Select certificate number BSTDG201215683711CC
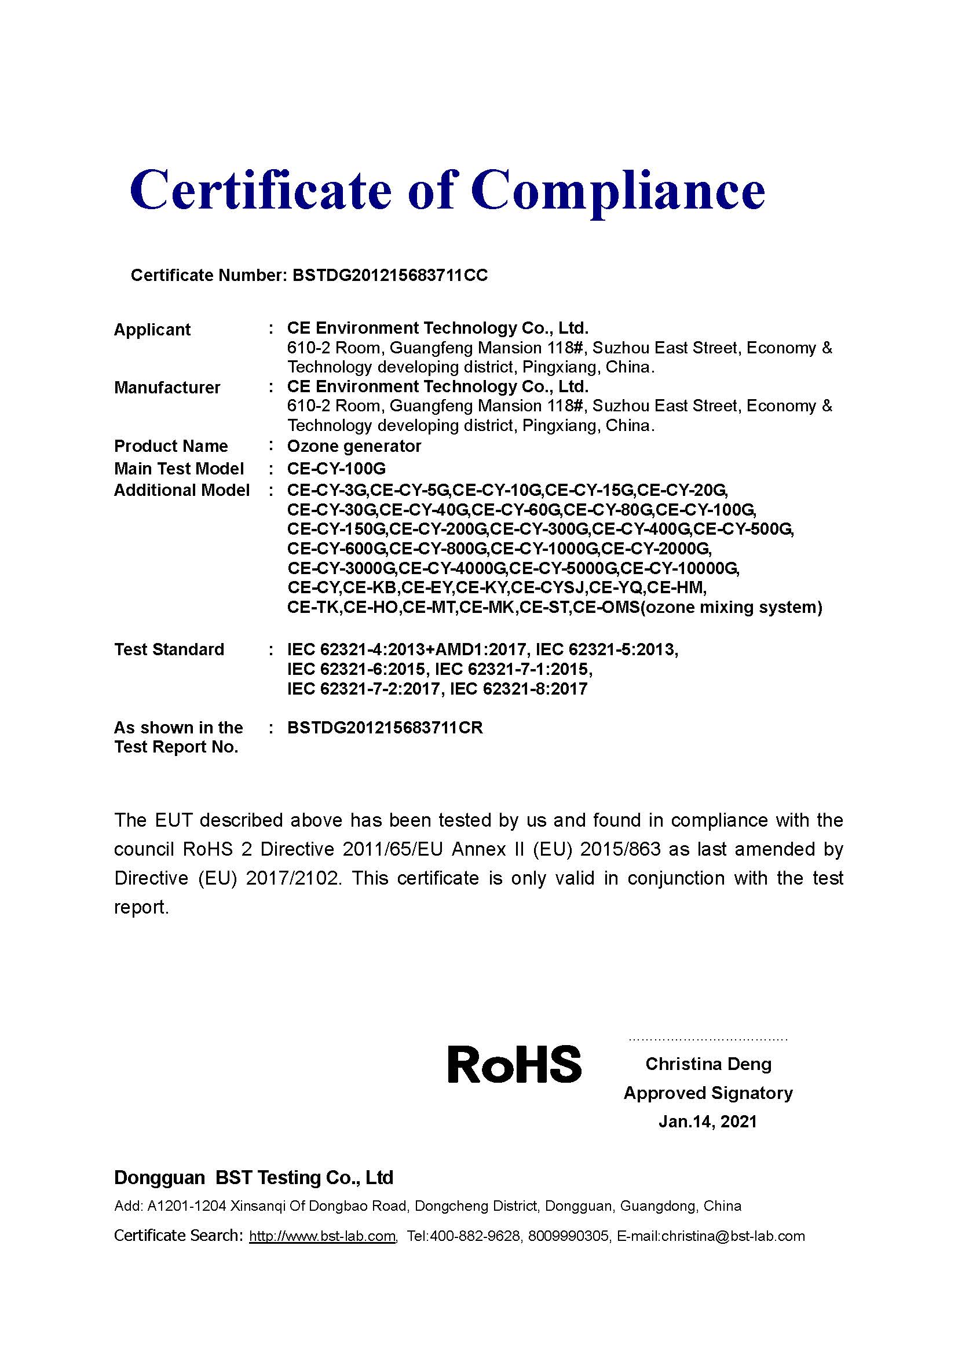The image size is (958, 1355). [390, 276]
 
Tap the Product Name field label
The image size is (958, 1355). [170, 446]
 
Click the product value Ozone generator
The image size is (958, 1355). [354, 446]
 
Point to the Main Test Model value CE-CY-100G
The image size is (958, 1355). [337, 469]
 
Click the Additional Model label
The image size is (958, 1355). [181, 491]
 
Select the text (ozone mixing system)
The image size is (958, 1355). [731, 607]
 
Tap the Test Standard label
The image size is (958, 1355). [169, 650]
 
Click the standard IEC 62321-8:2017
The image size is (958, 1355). [518, 689]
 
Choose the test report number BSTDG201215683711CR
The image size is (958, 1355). [385, 728]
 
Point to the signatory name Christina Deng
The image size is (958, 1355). [708, 1064]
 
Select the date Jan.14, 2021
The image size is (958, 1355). [707, 1122]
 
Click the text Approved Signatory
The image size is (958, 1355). [708, 1093]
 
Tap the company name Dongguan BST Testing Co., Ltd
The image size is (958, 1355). [253, 1178]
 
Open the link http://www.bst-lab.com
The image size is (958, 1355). [322, 1236]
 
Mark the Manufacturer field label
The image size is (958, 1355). [167, 388]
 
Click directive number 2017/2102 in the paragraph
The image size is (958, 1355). [293, 878]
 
